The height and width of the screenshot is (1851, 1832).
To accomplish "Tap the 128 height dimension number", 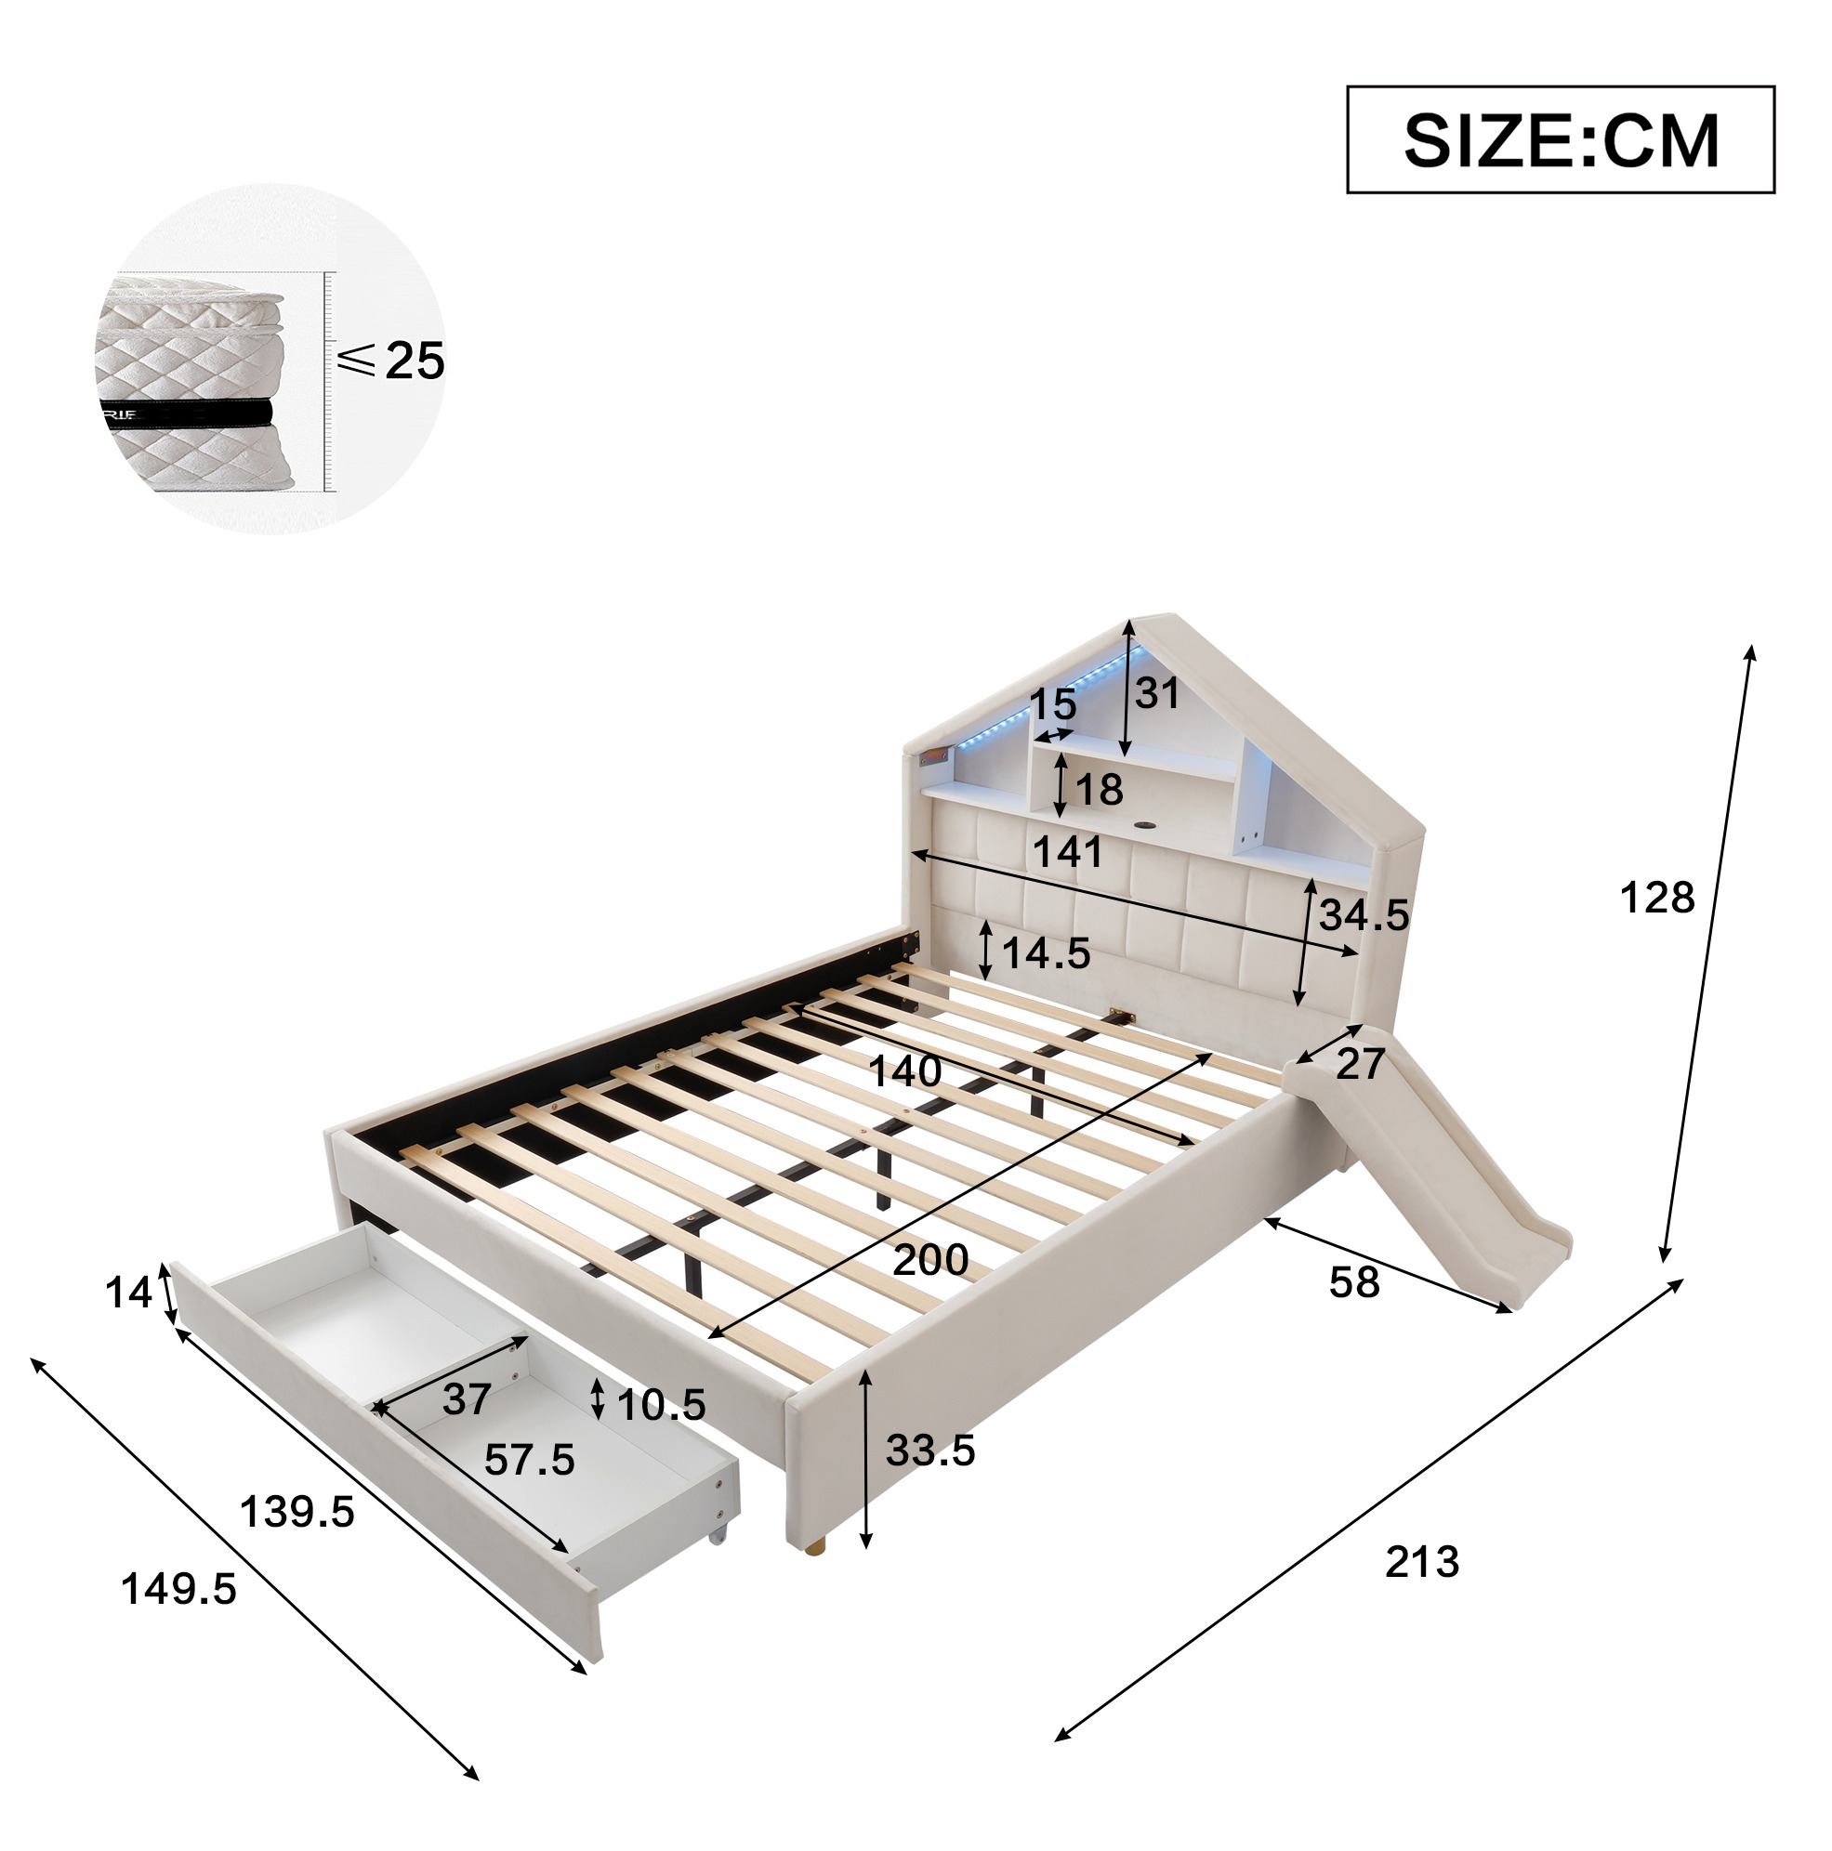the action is pyautogui.click(x=1656, y=899).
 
